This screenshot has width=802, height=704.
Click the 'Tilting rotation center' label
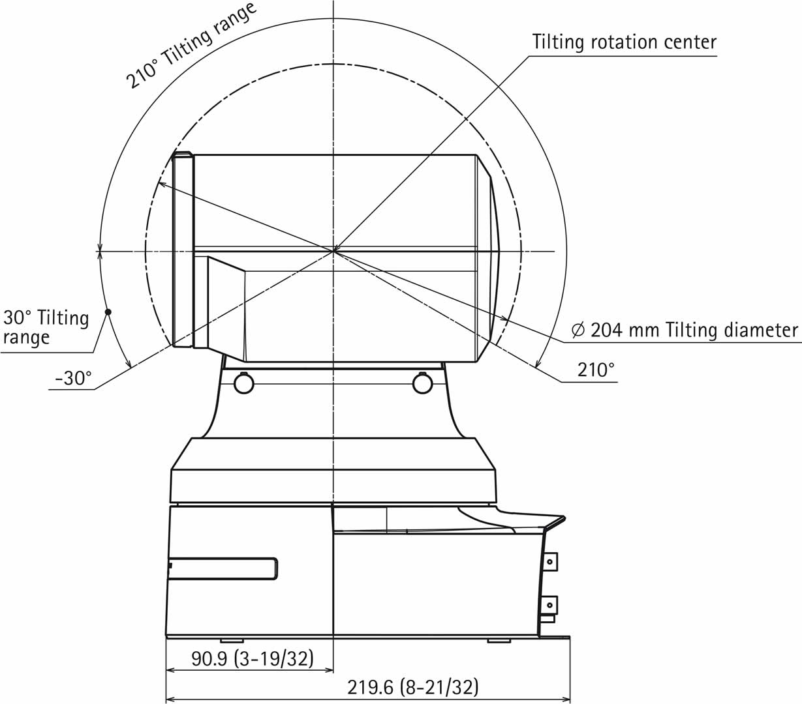(x=624, y=42)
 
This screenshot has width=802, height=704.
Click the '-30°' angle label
(x=73, y=378)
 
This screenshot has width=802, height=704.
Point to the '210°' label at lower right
(x=596, y=370)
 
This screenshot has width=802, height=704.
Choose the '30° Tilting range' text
(x=46, y=327)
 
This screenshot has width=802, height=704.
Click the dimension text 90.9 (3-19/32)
(x=252, y=659)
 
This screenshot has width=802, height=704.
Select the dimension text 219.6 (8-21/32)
(x=413, y=687)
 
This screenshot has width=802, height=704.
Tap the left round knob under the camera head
(x=243, y=383)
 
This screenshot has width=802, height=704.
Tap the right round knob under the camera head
(x=423, y=383)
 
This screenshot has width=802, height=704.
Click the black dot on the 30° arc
(x=108, y=312)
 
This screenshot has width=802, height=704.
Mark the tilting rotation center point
(x=333, y=250)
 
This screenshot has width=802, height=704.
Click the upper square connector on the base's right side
(x=551, y=561)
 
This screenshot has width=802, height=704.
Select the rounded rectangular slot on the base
(x=223, y=568)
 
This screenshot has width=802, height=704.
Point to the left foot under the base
(x=232, y=640)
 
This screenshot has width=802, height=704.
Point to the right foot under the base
(x=499, y=640)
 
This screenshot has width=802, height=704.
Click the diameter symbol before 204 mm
(x=578, y=330)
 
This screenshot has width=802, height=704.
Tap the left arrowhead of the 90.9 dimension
(x=170, y=669)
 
